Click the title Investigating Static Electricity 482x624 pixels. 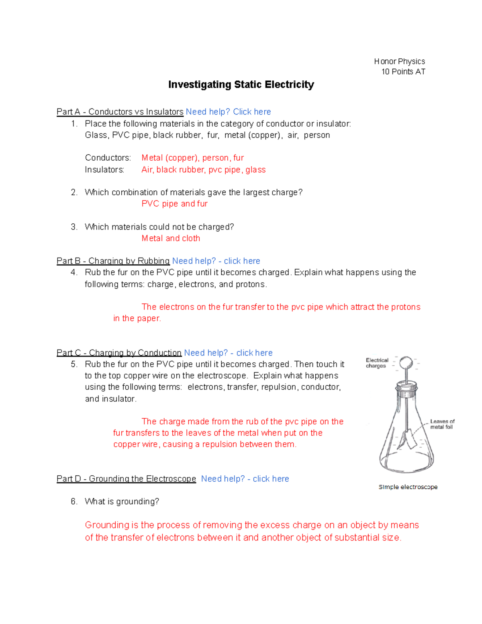click(x=241, y=85)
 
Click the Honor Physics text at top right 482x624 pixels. click(x=399, y=61)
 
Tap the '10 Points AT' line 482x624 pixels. click(x=403, y=72)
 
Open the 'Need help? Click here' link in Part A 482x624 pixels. click(x=228, y=112)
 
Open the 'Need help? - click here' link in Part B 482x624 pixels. click(x=216, y=261)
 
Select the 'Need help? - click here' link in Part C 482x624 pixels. click(x=228, y=353)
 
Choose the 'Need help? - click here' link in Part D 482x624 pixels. click(x=245, y=479)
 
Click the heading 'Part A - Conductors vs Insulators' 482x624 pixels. click(x=120, y=112)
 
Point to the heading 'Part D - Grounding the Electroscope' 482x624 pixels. click(x=126, y=479)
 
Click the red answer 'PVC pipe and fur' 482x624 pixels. click(x=174, y=204)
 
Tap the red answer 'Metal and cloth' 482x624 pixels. click(x=171, y=238)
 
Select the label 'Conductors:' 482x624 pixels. click(x=108, y=158)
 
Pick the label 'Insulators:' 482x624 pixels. click(x=104, y=170)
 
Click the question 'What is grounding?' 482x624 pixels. click(x=122, y=501)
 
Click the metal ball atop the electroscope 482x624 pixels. click(x=406, y=362)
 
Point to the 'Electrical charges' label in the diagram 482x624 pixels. click(x=377, y=363)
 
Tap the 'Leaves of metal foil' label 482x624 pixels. click(x=442, y=424)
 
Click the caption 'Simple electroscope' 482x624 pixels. click(x=408, y=487)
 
